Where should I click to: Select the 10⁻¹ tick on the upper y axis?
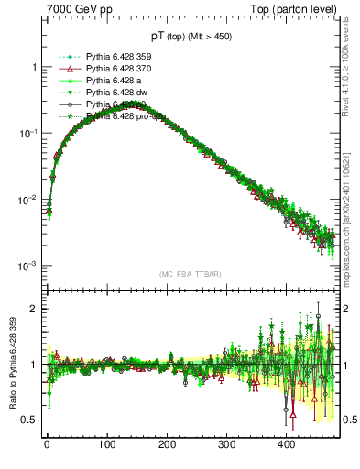27,134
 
